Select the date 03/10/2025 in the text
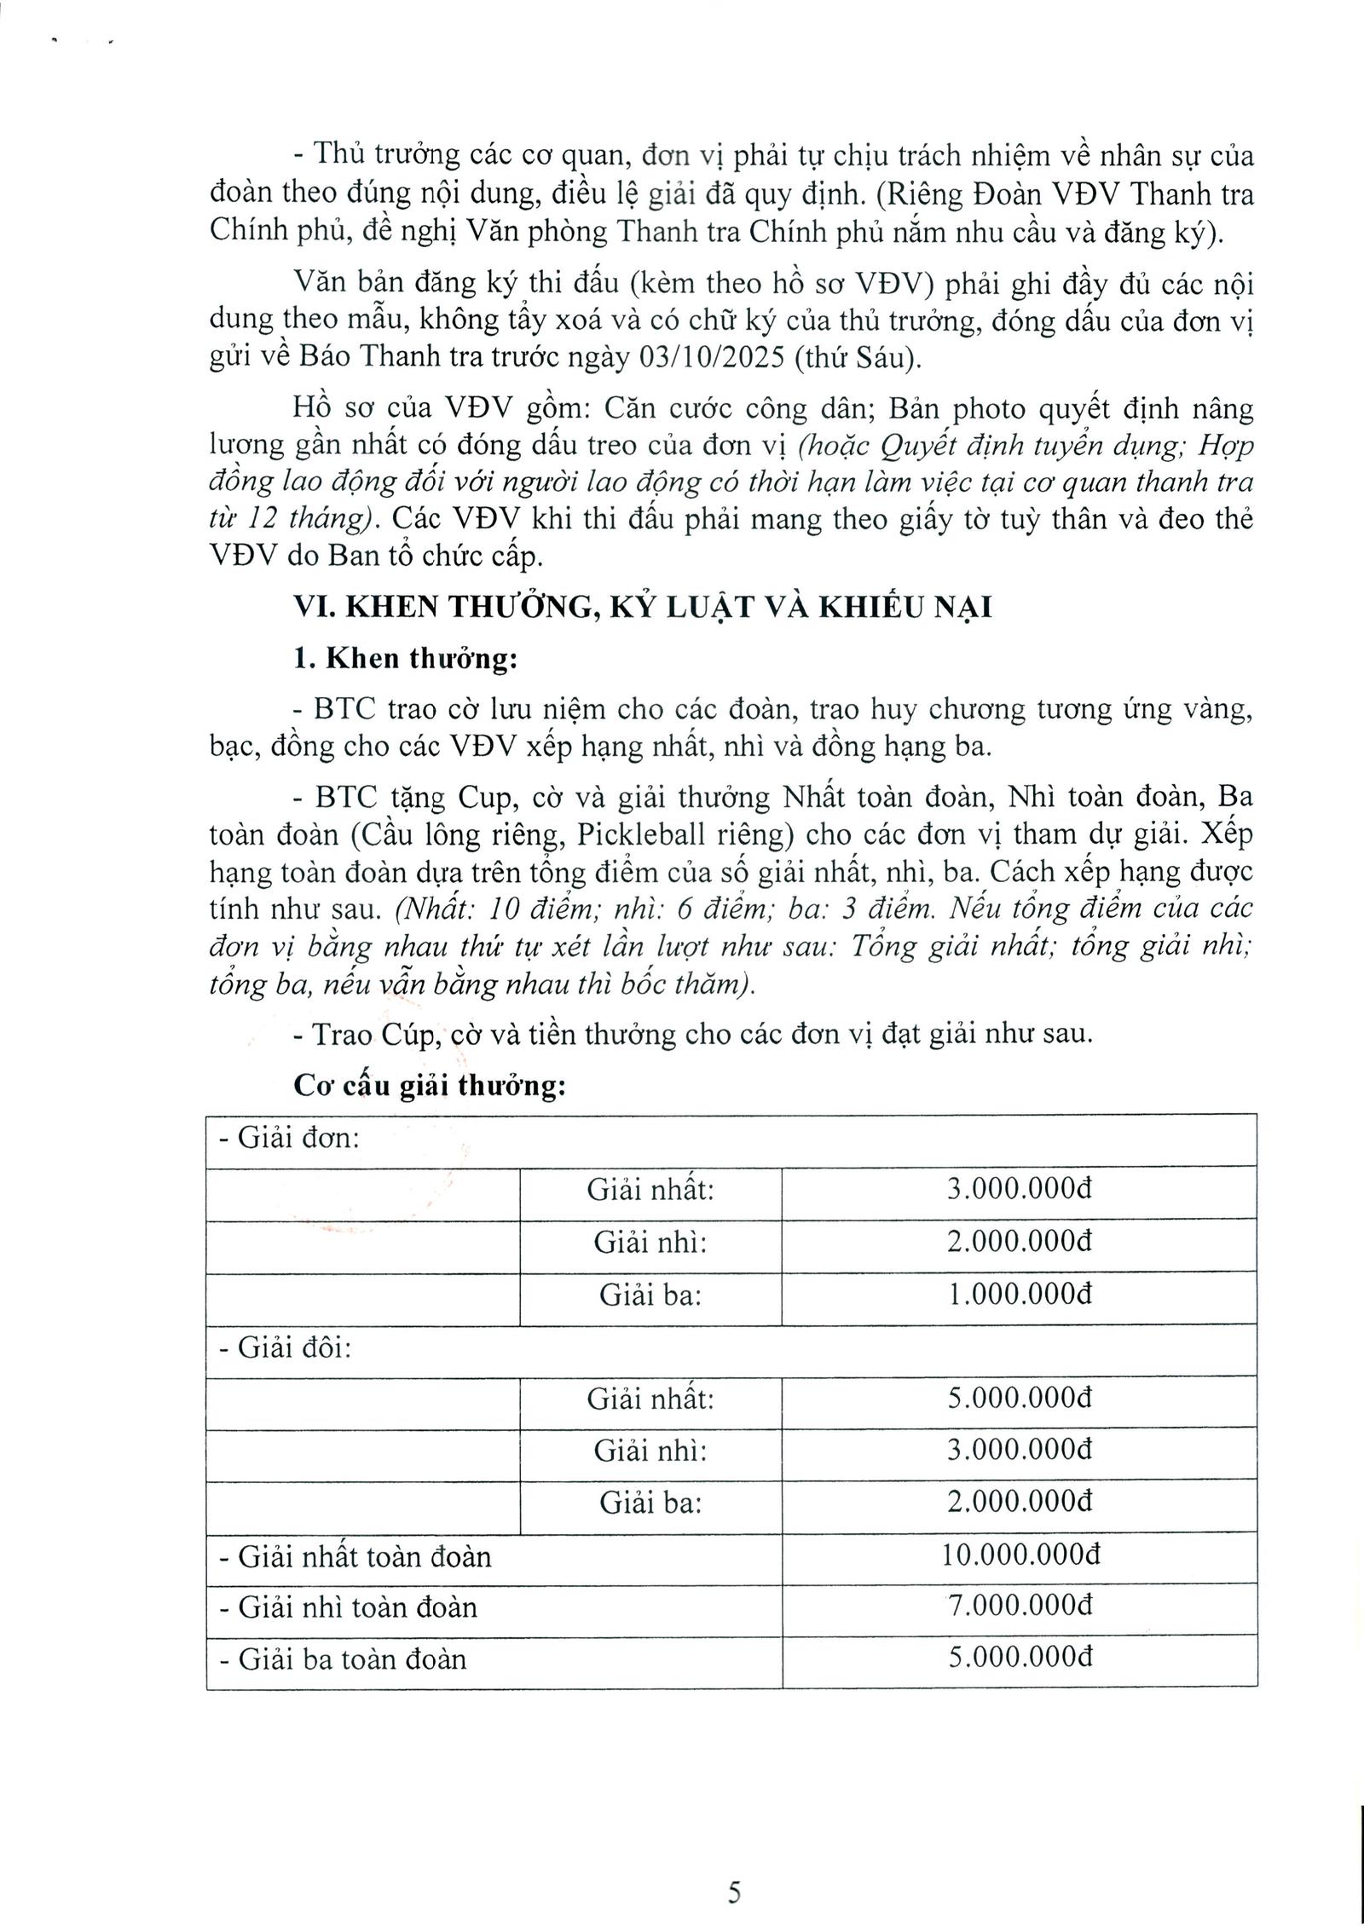[x=711, y=357]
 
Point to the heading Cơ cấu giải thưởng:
[x=430, y=1087]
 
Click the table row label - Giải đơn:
[x=290, y=1139]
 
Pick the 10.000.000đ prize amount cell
[x=1020, y=1556]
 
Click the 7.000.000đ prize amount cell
[x=1020, y=1607]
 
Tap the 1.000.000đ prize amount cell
[x=1020, y=1295]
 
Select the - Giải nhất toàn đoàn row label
[x=355, y=1557]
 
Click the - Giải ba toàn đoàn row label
[x=343, y=1659]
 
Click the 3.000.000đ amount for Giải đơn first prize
[x=1020, y=1190]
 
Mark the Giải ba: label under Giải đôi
[x=650, y=1503]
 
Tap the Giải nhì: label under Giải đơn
[x=650, y=1243]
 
